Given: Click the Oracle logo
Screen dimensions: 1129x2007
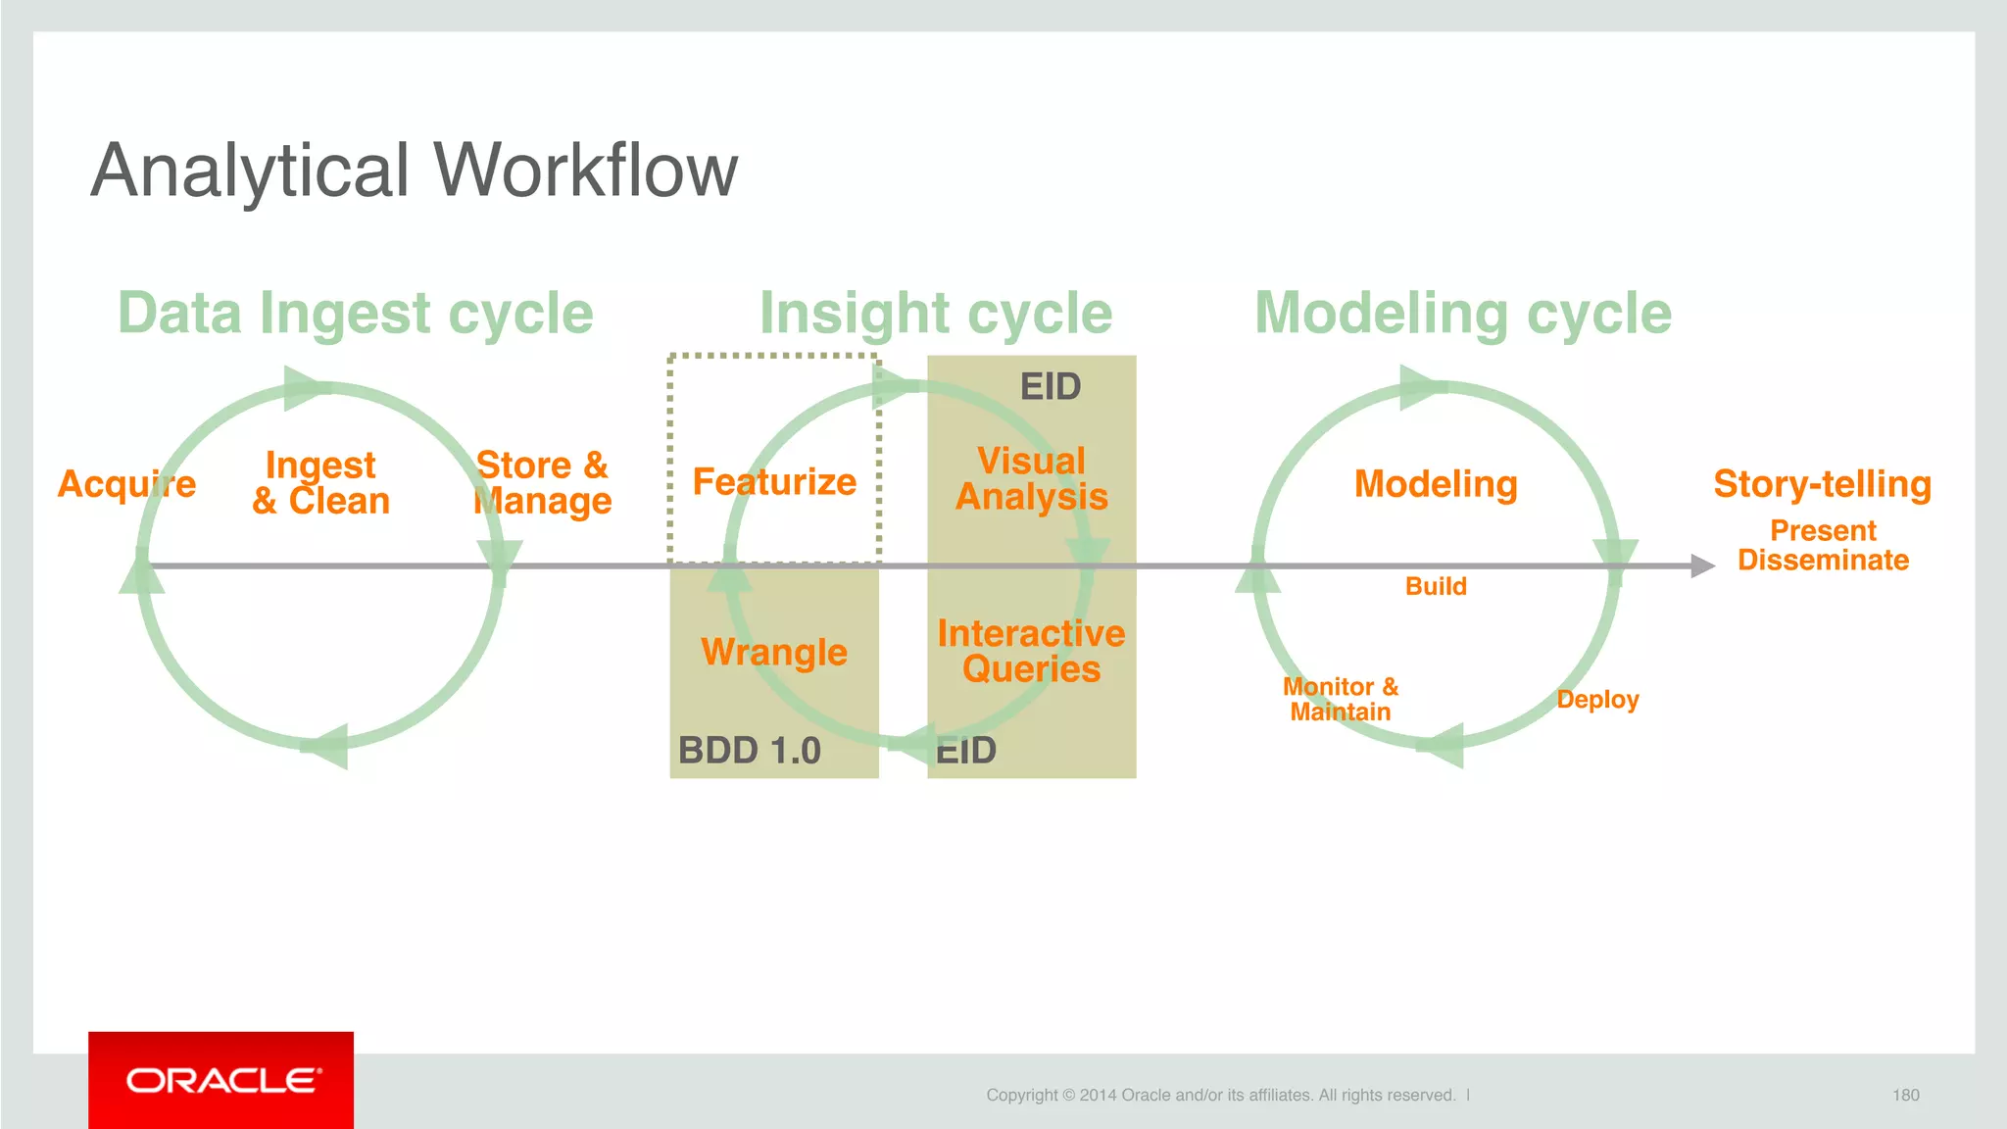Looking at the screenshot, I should point(221,1080).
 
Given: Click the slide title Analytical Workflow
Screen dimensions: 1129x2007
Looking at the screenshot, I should point(414,171).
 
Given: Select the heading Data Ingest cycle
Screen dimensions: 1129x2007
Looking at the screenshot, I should point(356,314).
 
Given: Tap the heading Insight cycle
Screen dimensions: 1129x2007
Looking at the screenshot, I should point(936,314).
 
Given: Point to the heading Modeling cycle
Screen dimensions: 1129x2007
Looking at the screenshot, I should point(1463,314).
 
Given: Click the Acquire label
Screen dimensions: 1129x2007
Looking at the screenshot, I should point(126,484).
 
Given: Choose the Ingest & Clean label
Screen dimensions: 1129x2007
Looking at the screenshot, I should point(321,483).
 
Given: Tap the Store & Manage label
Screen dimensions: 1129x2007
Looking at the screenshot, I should point(542,483).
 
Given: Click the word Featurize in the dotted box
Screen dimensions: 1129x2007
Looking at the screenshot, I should point(774,482).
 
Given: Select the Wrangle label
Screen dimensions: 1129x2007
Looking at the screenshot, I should point(774,652).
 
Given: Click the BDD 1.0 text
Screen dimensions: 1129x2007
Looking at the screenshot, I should point(750,751).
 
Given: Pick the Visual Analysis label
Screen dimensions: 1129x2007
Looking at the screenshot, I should point(1032,479).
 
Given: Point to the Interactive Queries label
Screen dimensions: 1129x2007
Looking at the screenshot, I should point(1032,652).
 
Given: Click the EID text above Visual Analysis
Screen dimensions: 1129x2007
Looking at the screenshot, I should point(1051,387).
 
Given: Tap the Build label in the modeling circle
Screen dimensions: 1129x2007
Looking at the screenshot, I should point(1436,586).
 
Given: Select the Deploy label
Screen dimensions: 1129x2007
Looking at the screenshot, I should point(1597,700).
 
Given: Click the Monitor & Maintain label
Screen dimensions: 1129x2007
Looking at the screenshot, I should point(1341,700).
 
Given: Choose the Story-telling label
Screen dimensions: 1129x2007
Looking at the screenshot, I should point(1822,484).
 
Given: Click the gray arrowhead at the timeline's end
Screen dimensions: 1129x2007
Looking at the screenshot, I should point(1703,565).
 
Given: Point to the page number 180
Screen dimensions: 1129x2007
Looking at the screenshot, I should point(1905,1095).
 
